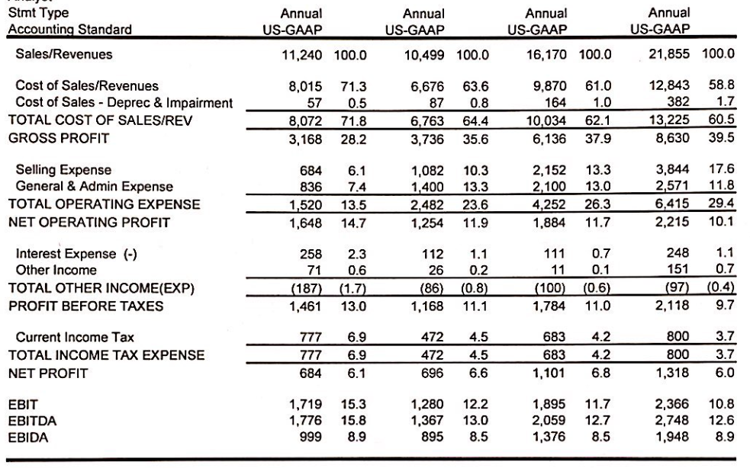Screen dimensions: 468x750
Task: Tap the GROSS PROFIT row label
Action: tap(50, 139)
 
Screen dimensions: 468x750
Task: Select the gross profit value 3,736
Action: tap(428, 139)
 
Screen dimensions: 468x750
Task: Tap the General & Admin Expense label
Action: tap(95, 186)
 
